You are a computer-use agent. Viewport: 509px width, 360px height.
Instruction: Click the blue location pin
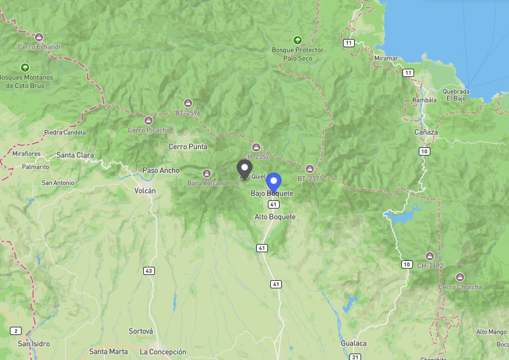point(274,182)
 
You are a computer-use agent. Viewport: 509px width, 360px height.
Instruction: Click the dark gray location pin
point(245,168)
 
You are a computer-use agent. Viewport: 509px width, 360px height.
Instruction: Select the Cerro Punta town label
point(188,146)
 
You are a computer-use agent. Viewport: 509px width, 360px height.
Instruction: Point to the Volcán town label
point(144,190)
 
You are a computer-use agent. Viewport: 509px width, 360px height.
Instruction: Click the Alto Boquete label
point(275,217)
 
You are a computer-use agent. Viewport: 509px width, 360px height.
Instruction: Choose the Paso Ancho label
point(161,171)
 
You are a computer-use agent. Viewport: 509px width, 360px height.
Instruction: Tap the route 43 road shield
point(149,271)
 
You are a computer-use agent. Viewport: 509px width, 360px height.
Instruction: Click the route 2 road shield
point(15,331)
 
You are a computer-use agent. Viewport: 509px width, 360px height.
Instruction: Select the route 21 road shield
point(356,357)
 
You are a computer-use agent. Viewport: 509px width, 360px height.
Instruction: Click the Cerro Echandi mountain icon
point(39,37)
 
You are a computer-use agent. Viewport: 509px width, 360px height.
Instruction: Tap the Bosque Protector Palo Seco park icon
point(298,40)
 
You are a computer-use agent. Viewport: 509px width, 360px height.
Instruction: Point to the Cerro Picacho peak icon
point(149,121)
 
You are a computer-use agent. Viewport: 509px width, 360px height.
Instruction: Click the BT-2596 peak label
point(188,113)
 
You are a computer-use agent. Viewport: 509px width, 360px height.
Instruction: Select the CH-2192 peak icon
point(429,256)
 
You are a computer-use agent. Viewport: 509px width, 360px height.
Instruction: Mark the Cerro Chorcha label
point(460,287)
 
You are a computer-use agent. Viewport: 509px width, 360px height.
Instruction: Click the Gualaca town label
point(354,343)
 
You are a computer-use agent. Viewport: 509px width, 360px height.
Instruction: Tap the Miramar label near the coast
point(386,58)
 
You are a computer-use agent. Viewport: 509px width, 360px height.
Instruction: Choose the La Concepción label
point(163,352)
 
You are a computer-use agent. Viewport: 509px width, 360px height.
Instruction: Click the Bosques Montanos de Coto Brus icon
point(25,68)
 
